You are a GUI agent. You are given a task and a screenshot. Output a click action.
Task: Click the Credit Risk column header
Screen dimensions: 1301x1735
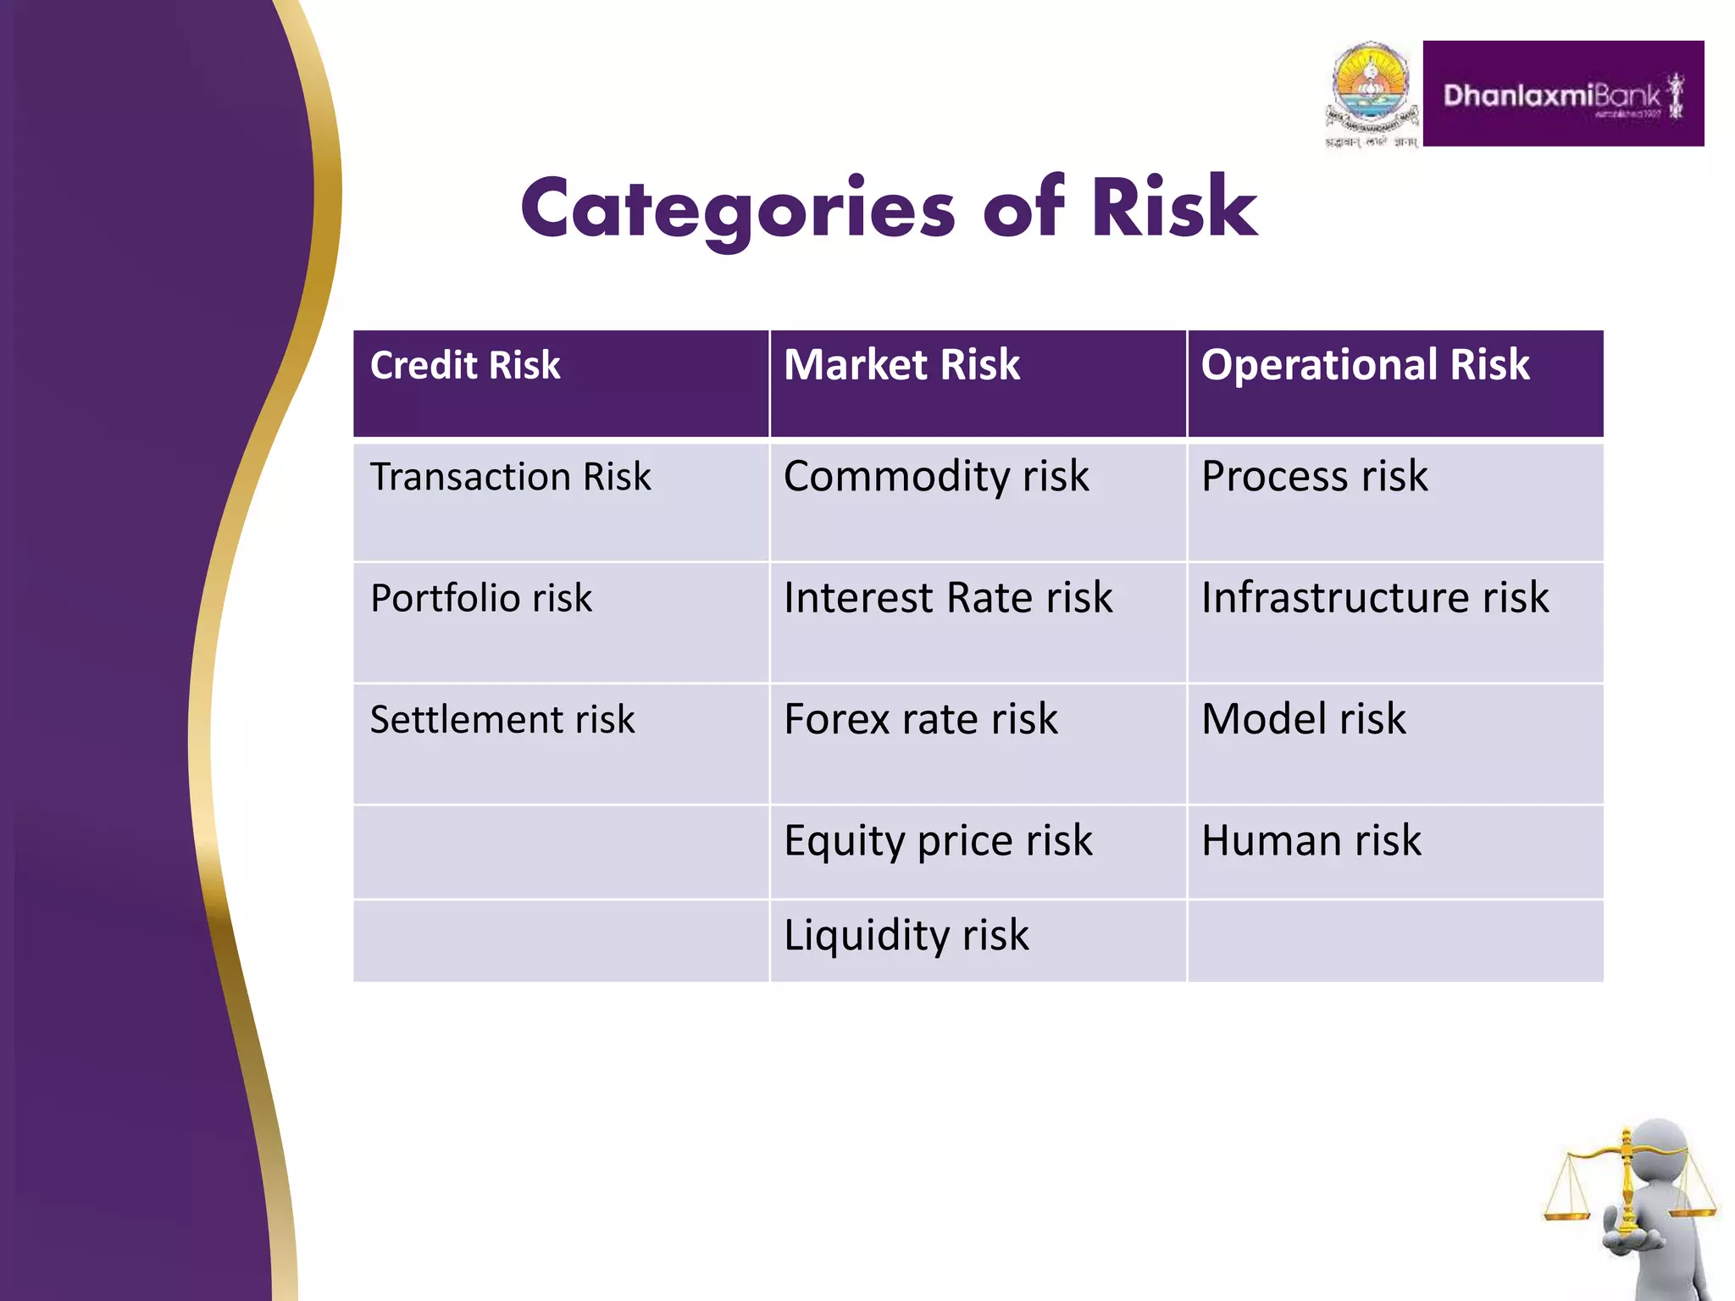[465, 366]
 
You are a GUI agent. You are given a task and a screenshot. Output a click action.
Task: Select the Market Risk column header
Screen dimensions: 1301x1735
[901, 365]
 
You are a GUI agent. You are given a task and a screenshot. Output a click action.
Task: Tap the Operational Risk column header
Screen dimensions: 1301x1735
[1365, 365]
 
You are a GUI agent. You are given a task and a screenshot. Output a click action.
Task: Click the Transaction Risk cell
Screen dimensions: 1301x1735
[511, 477]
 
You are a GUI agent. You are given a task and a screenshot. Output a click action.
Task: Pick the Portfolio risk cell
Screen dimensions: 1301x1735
[481, 598]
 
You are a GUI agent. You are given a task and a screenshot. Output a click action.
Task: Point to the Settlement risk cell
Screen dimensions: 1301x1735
[502, 720]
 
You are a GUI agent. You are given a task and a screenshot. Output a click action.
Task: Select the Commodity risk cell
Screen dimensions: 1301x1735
[936, 476]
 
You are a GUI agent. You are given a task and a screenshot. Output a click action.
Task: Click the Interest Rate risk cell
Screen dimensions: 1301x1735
[948, 598]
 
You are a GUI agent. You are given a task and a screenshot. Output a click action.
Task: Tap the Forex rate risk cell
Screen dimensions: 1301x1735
[921, 720]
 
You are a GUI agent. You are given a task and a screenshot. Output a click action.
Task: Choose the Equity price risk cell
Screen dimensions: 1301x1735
[938, 841]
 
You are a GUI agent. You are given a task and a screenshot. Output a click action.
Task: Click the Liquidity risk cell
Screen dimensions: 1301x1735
[906, 936]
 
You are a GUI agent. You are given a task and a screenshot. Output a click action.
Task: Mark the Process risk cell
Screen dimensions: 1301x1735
[1314, 476]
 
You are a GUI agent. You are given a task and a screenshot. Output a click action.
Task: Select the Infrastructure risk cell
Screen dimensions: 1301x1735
[1375, 598]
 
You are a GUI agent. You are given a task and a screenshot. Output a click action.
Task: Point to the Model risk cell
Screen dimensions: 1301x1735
[1304, 720]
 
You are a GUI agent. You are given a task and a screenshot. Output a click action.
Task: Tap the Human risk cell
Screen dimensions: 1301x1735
[1311, 841]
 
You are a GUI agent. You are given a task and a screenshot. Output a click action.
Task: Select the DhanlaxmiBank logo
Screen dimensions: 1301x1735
[1563, 94]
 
